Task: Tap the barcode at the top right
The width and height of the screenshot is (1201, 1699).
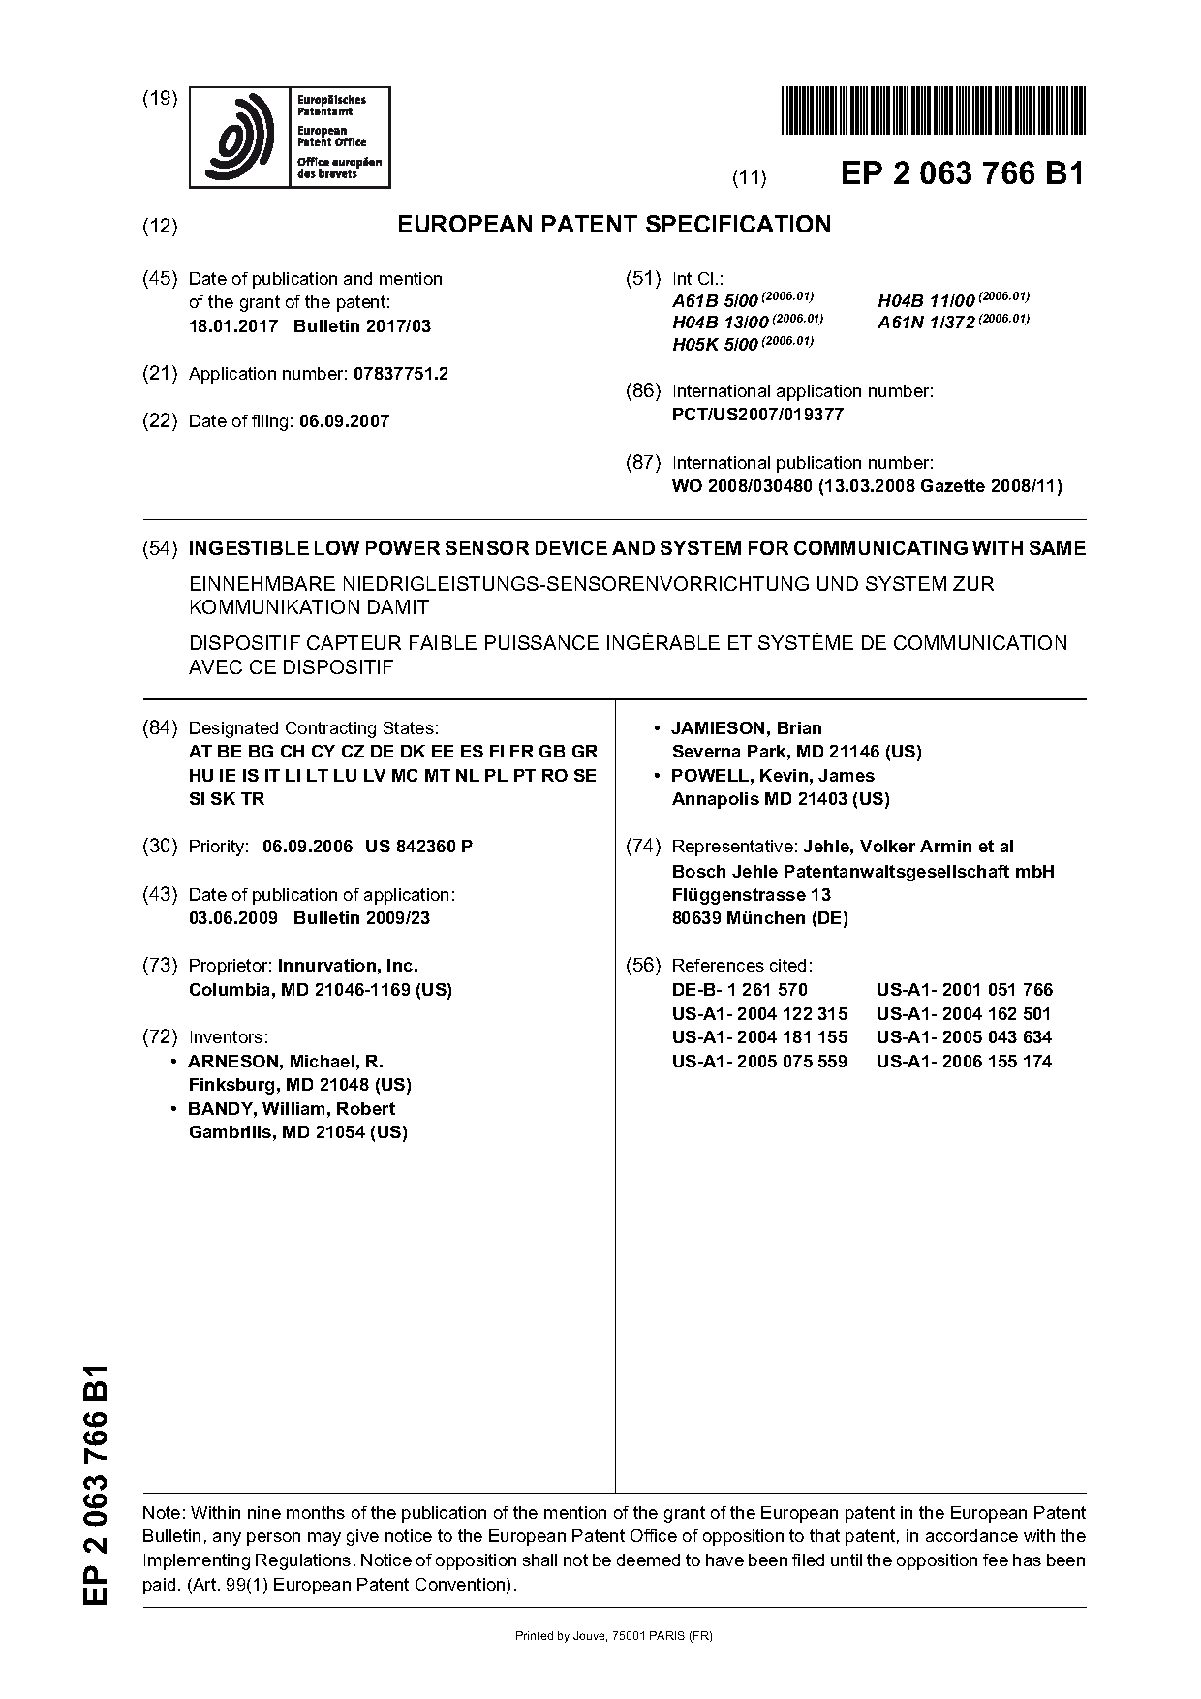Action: [932, 109]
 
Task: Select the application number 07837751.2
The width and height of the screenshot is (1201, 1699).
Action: [397, 374]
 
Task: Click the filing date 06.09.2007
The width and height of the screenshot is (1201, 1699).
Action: [344, 421]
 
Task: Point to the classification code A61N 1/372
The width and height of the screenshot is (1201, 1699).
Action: [926, 323]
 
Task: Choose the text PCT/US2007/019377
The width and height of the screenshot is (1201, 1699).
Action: [757, 415]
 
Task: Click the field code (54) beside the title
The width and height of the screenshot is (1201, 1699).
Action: [160, 548]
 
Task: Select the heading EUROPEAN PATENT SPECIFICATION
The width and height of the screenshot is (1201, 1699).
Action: [614, 225]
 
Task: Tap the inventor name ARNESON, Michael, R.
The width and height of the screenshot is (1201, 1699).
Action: [286, 1062]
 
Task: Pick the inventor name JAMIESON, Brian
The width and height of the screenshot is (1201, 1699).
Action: [747, 728]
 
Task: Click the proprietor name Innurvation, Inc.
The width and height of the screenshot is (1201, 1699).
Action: [348, 966]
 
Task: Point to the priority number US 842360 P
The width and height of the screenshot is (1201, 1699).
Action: [418, 847]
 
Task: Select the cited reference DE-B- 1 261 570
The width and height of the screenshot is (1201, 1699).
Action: [739, 990]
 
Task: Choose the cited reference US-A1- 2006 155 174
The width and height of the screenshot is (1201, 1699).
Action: [964, 1062]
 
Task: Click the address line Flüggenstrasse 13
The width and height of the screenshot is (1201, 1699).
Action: [751, 895]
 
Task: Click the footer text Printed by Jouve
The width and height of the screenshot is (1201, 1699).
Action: [614, 1636]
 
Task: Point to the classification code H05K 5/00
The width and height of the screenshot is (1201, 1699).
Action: [715, 345]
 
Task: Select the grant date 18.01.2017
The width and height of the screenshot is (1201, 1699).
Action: [232, 326]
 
